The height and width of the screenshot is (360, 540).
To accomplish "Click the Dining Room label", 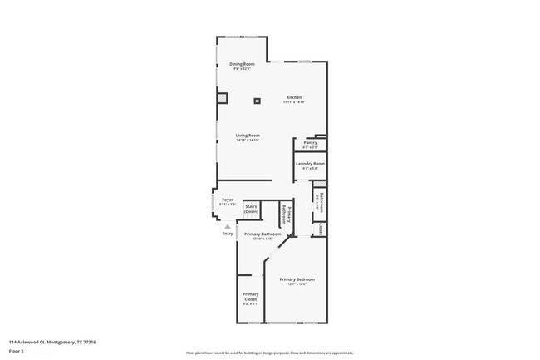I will pyautogui.click(x=243, y=63).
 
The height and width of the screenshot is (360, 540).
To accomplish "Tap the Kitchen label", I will pyautogui.click(x=294, y=96).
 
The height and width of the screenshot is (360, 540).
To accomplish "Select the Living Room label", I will pyautogui.click(x=248, y=135).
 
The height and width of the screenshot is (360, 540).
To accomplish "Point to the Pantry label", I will pyautogui.click(x=309, y=143).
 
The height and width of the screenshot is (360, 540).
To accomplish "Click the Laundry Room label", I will pyautogui.click(x=310, y=164).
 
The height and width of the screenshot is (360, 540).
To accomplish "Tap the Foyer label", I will pyautogui.click(x=227, y=200).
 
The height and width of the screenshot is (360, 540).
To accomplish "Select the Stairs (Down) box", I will pyautogui.click(x=252, y=209).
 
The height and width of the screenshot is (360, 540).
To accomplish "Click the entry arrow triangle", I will pyautogui.click(x=228, y=225).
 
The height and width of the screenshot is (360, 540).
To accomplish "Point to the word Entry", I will pyautogui.click(x=228, y=234).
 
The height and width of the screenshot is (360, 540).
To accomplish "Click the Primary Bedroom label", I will pyautogui.click(x=297, y=279).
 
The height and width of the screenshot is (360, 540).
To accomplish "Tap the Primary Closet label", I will pyautogui.click(x=250, y=296).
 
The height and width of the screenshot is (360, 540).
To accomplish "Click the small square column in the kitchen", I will pyautogui.click(x=257, y=101).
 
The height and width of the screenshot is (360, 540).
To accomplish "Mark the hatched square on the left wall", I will pyautogui.click(x=222, y=98).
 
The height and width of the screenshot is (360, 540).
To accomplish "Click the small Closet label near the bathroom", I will pyautogui.click(x=321, y=228).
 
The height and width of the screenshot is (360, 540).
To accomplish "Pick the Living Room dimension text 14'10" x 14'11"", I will pyautogui.click(x=248, y=140).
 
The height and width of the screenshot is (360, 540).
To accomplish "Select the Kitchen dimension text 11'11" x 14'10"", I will pyautogui.click(x=294, y=101).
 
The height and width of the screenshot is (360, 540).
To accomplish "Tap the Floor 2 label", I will pyautogui.click(x=16, y=352).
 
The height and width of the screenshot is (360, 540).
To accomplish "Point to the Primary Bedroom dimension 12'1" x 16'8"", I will pyautogui.click(x=297, y=284).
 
